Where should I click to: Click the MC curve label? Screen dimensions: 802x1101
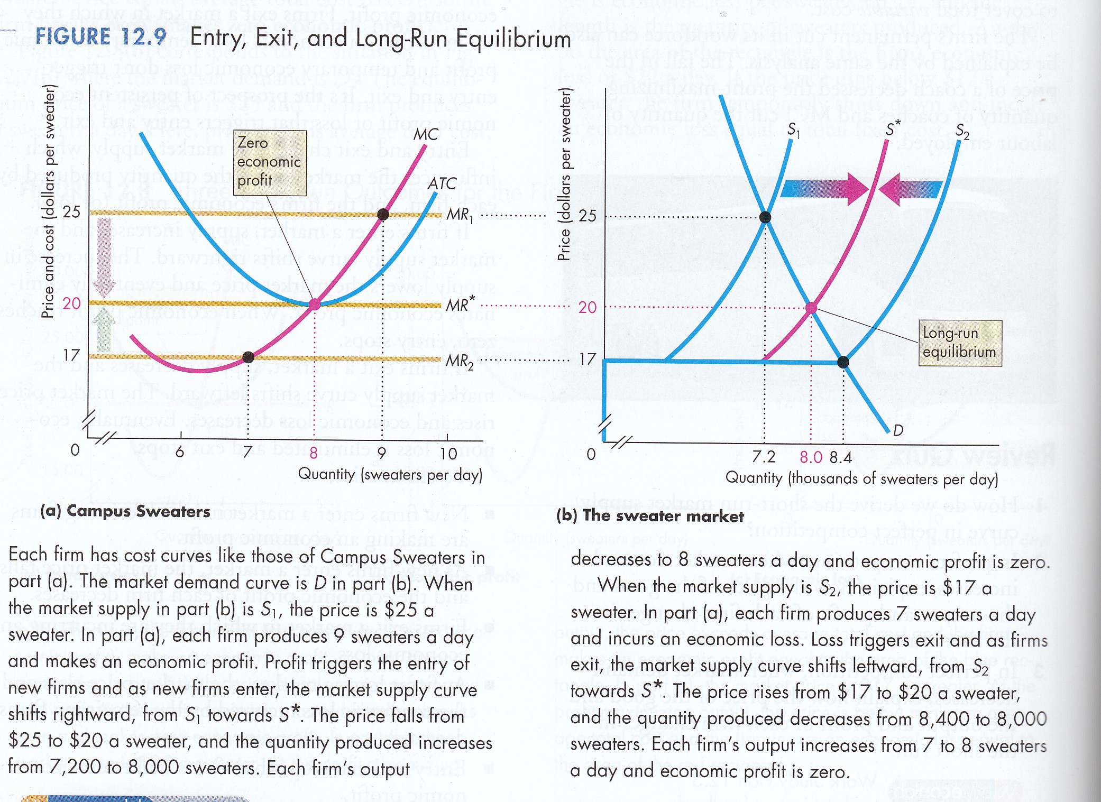426,134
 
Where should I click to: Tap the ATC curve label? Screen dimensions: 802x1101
442,183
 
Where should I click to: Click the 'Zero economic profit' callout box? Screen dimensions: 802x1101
270,162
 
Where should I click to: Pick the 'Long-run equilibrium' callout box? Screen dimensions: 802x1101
959,343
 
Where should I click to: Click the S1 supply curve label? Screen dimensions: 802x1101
794,130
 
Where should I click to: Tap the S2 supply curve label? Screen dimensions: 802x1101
962,131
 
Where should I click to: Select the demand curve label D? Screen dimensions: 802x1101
898,430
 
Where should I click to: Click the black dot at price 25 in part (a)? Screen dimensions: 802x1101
383,214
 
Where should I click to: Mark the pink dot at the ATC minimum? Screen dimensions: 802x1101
315,304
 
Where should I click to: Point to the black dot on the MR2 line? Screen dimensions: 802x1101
247,357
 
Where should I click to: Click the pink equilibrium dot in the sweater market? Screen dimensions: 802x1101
811,308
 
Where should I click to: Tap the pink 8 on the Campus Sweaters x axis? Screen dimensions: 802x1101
314,453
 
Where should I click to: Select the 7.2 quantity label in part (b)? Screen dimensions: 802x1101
764,457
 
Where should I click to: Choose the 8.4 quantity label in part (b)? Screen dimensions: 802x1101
841,457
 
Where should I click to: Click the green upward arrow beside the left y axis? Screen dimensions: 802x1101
104,330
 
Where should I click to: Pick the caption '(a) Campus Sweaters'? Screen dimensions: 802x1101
125,511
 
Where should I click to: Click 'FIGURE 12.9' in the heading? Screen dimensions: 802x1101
100,37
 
